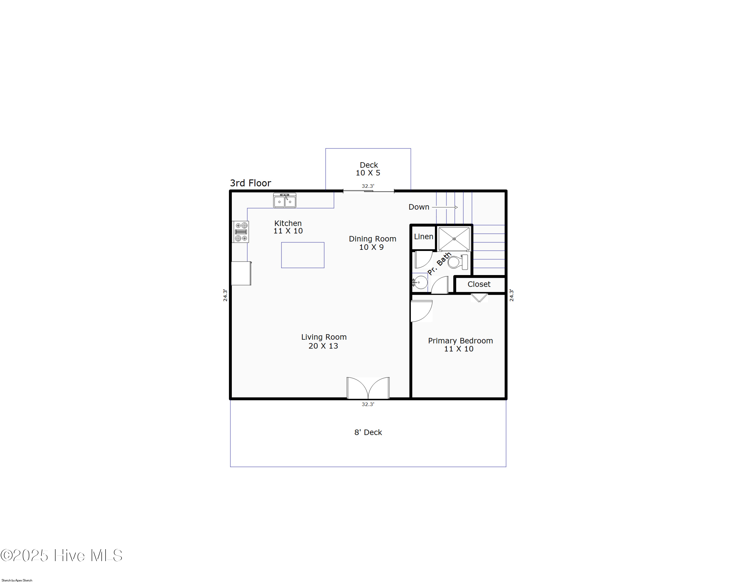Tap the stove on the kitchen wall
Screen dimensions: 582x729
241,232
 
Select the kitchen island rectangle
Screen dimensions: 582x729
303,255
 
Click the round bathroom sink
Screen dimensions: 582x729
420,282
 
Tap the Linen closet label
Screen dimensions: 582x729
423,237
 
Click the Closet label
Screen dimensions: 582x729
479,284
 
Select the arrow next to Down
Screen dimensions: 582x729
445,207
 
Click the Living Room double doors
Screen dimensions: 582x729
368,388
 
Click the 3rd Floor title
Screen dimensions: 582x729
250,183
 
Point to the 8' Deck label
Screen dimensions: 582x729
368,432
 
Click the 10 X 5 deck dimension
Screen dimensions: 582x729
368,173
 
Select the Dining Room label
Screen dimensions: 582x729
372,239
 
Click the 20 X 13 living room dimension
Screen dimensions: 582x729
323,346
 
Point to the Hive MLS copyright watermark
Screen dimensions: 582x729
61,555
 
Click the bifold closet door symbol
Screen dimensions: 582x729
479,298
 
